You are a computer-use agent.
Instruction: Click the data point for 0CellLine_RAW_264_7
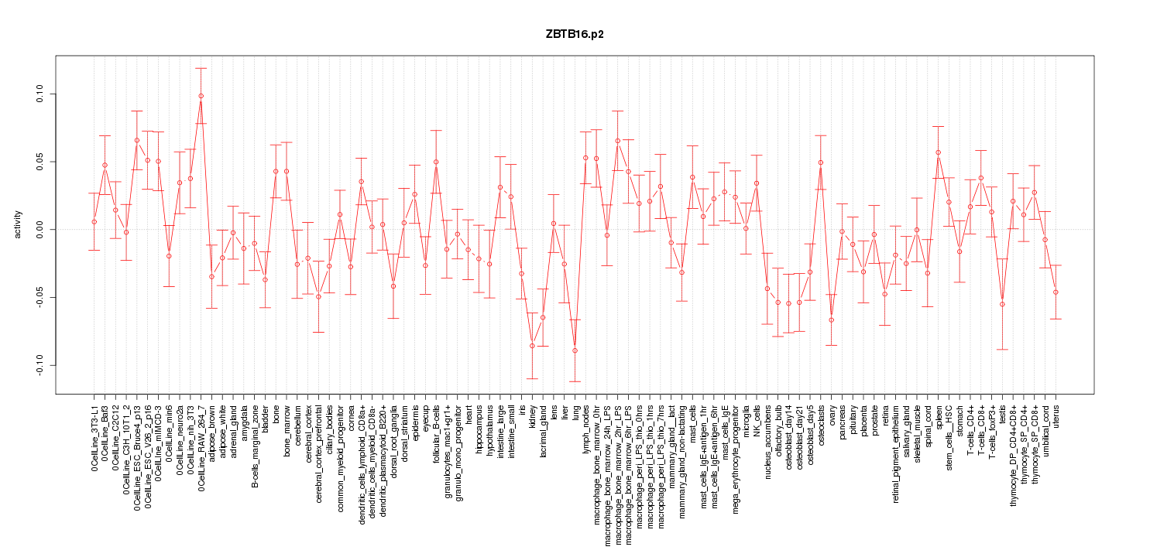(x=201, y=96)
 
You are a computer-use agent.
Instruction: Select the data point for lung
(x=575, y=350)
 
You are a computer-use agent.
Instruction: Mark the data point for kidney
(x=532, y=346)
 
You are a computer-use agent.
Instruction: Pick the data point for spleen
(x=938, y=152)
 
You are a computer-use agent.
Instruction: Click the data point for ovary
(x=831, y=320)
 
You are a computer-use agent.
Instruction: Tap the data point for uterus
(x=1056, y=292)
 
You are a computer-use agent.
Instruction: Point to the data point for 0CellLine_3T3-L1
(x=94, y=222)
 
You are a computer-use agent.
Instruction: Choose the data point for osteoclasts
(x=820, y=162)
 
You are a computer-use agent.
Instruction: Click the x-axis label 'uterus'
(x=1056, y=417)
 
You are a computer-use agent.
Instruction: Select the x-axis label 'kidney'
(x=532, y=417)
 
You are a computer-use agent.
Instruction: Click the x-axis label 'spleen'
(x=938, y=418)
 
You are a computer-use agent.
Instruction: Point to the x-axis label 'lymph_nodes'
(x=585, y=426)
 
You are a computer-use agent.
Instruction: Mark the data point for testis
(x=1002, y=304)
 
